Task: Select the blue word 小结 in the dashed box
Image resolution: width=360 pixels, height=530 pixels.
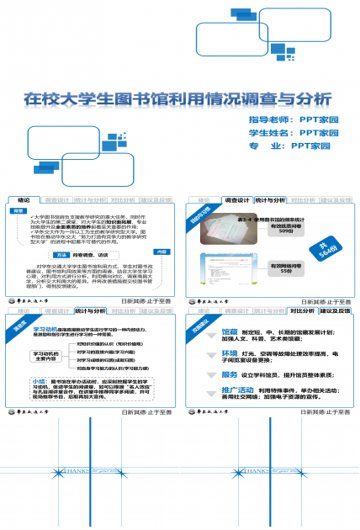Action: point(27,381)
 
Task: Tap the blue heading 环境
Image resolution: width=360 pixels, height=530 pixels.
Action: point(229,352)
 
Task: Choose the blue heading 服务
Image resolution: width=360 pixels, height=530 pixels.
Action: point(229,374)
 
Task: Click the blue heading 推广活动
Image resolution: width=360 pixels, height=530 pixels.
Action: point(239,390)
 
